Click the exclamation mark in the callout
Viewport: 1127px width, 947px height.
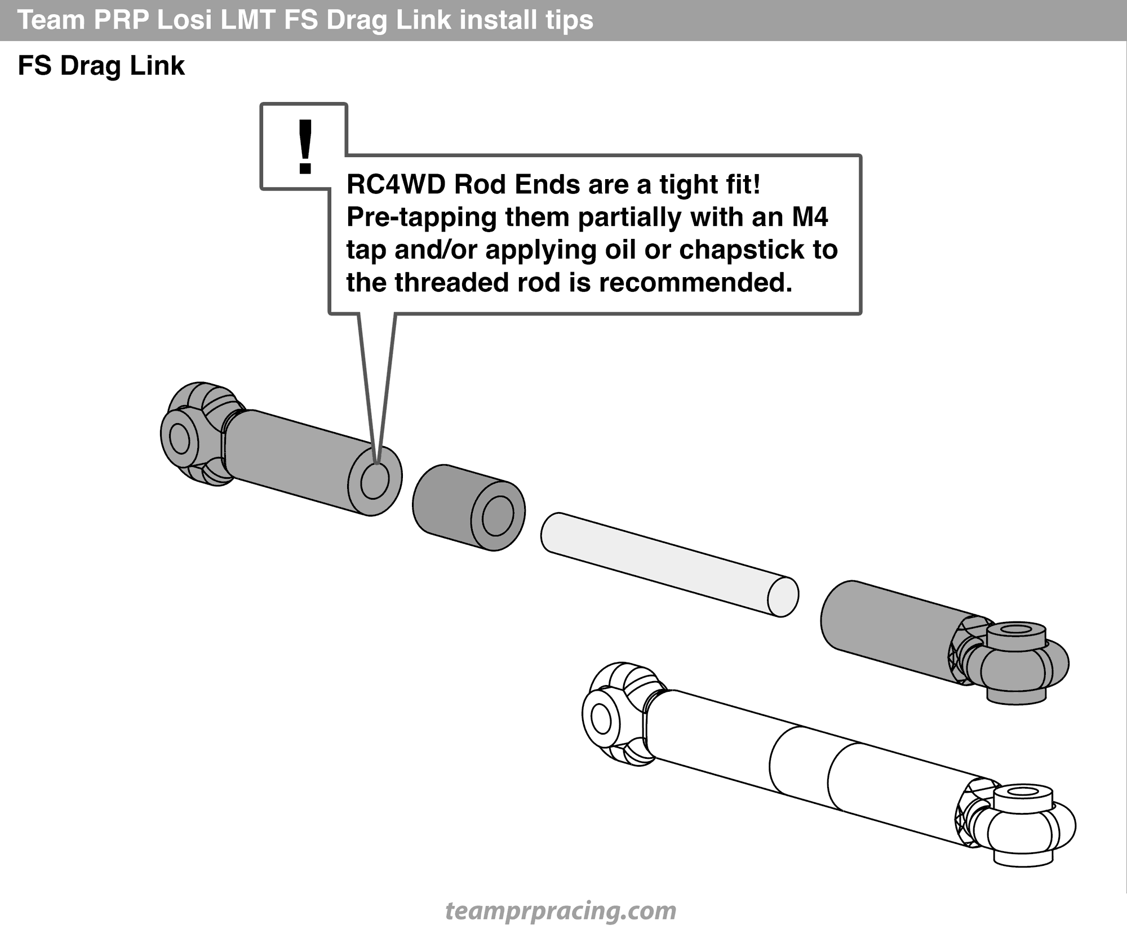(305, 146)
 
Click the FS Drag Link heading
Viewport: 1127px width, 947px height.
(101, 66)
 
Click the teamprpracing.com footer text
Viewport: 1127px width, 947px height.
(561, 910)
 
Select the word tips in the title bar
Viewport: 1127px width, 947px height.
(569, 20)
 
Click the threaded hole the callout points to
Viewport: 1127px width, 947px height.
(375, 481)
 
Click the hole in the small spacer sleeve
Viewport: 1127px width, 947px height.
(498, 516)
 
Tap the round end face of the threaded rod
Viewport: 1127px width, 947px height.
(783, 597)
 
